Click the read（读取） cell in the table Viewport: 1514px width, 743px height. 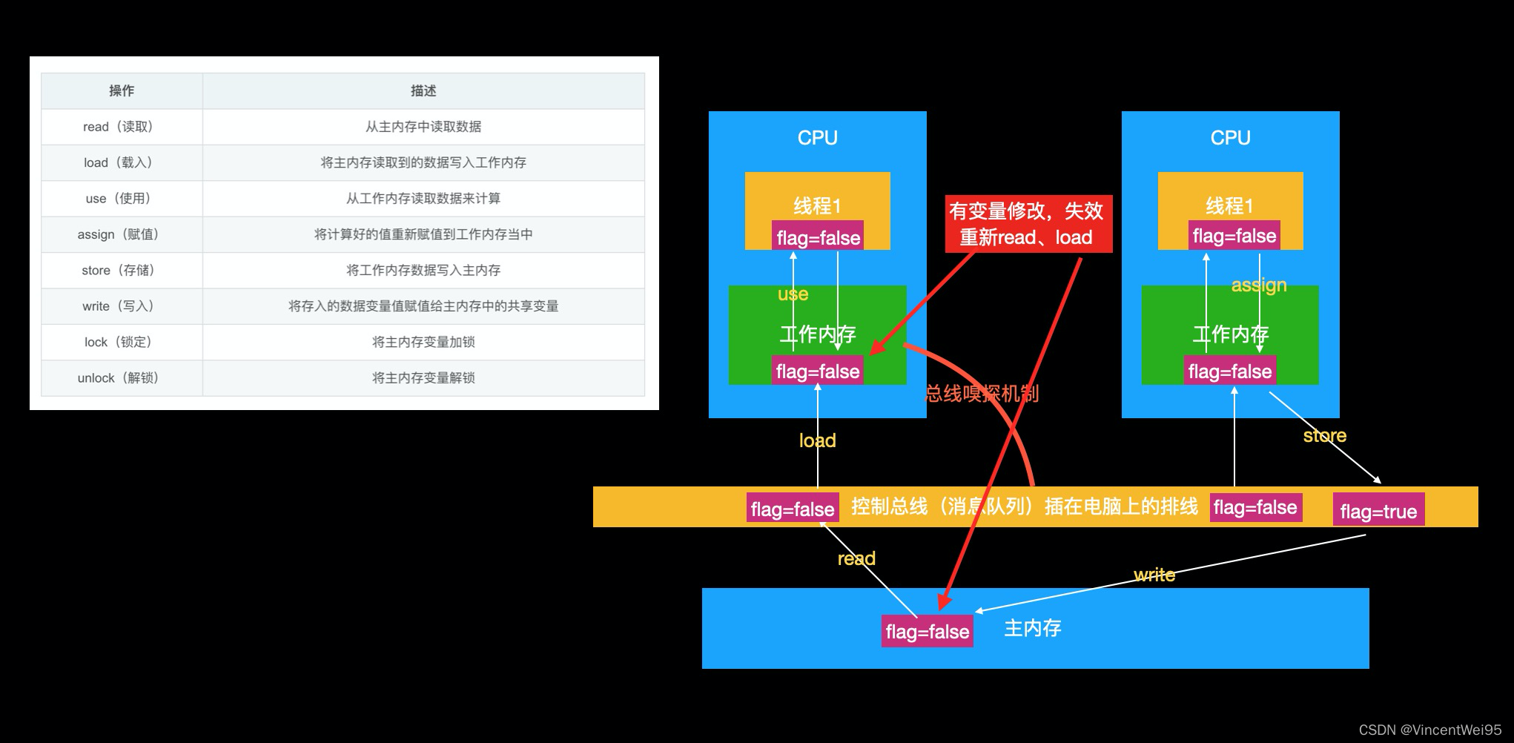click(118, 127)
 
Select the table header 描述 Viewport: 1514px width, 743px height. click(423, 90)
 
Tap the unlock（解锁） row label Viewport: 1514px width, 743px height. click(118, 378)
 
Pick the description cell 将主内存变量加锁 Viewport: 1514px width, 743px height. click(423, 342)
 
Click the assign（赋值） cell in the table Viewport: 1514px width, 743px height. click(118, 234)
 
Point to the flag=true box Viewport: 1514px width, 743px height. click(1378, 511)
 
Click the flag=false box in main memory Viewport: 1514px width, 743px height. click(927, 632)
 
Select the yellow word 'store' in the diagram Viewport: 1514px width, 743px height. click(1324, 435)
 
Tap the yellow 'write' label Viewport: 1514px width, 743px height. click(1154, 575)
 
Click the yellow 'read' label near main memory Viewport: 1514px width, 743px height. click(856, 558)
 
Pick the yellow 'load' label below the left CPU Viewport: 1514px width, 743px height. click(817, 440)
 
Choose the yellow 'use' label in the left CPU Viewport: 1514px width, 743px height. click(793, 294)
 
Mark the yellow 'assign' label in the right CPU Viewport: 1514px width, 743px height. click(1258, 285)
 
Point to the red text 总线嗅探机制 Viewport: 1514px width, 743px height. click(982, 394)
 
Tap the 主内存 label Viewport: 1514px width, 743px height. click(1032, 629)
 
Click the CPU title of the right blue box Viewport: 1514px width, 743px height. click(1230, 138)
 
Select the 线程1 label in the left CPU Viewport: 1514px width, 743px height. click(817, 205)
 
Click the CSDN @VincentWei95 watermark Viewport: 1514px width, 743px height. click(1429, 730)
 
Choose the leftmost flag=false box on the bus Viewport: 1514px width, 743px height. click(792, 509)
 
